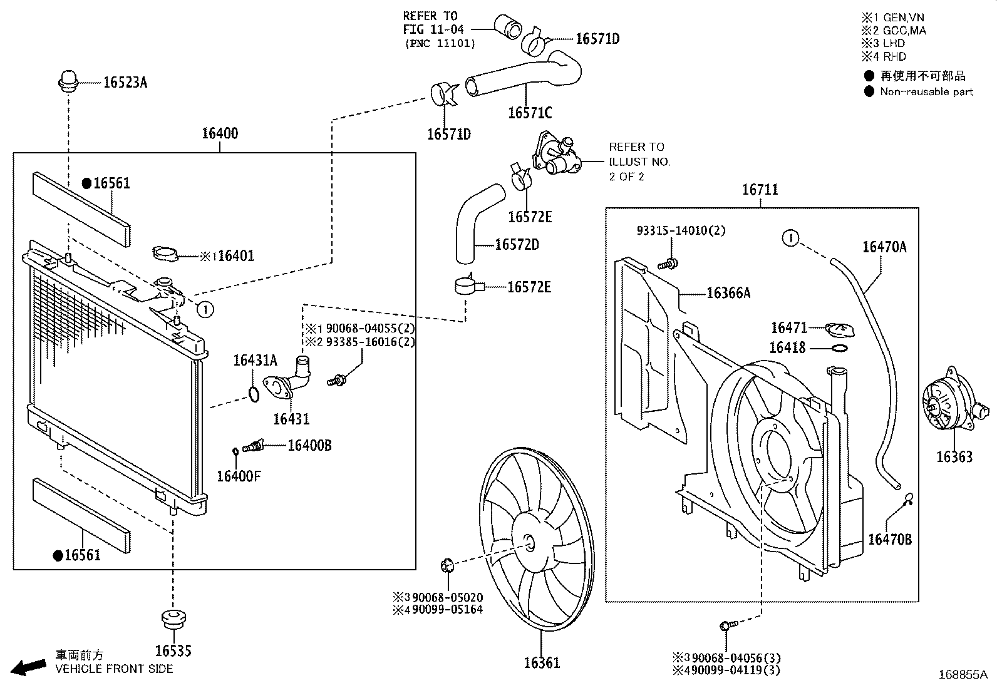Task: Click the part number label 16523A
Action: (x=125, y=82)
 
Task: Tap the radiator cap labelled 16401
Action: (x=165, y=254)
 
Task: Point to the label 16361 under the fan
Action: (x=542, y=662)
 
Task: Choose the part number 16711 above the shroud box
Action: (x=760, y=189)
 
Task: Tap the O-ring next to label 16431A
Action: (x=253, y=394)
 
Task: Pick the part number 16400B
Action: (x=309, y=445)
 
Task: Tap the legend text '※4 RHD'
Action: (x=884, y=56)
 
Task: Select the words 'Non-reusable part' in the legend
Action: (x=926, y=92)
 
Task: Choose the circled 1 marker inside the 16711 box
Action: (x=791, y=238)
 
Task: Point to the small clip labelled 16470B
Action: (x=909, y=498)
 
